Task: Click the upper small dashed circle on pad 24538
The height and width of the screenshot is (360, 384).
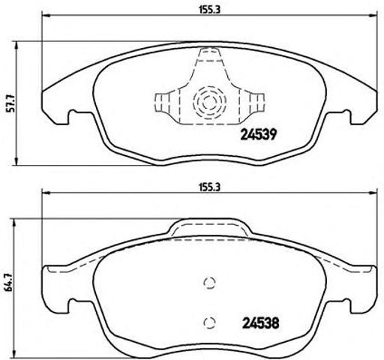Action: tap(211, 282)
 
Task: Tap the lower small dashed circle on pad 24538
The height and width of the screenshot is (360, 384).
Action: tap(211, 323)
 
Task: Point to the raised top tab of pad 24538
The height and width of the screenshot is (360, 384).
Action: tap(210, 227)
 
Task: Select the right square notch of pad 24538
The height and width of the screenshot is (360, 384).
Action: tap(345, 306)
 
